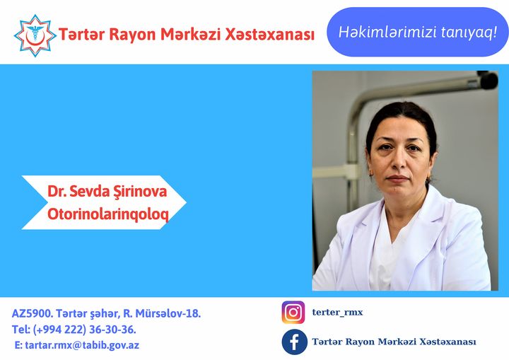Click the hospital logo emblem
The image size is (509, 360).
(x=33, y=34)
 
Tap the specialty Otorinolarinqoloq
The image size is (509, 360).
(x=107, y=214)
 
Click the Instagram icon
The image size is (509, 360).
(x=293, y=313)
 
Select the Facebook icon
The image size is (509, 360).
(x=293, y=342)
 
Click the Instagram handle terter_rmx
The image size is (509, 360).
(x=337, y=313)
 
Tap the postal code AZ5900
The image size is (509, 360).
(x=32, y=313)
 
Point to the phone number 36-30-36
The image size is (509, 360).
(x=113, y=330)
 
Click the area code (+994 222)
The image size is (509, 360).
(x=64, y=330)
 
